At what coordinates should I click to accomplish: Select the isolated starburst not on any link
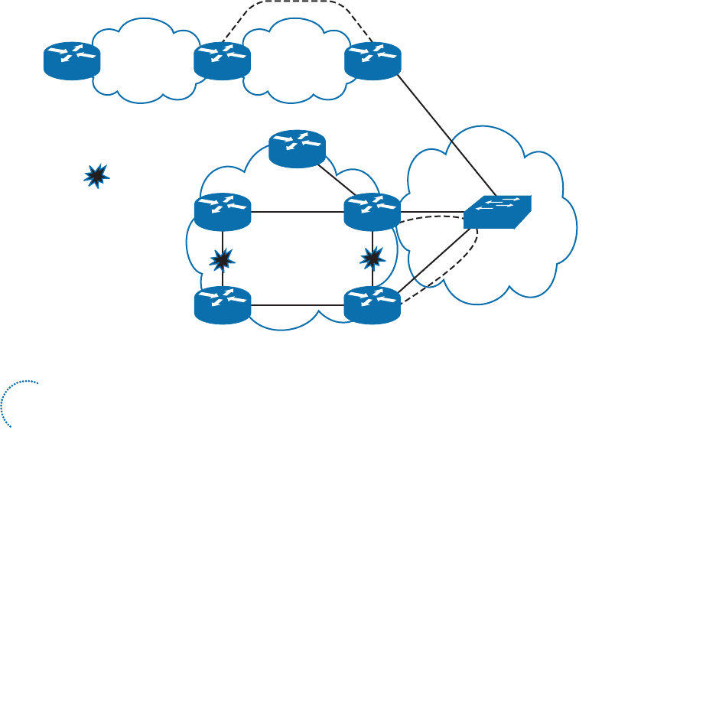click(x=96, y=176)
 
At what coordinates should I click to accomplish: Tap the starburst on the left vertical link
click(x=222, y=260)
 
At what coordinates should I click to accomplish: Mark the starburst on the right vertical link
click(x=373, y=259)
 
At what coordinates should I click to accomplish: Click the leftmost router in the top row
click(x=72, y=60)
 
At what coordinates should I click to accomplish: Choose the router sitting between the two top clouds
click(x=223, y=60)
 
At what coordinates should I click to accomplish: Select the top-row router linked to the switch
click(x=373, y=60)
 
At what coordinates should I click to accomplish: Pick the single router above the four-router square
click(x=298, y=148)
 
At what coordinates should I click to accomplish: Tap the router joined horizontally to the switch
click(x=373, y=212)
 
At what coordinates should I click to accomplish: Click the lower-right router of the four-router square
click(x=373, y=304)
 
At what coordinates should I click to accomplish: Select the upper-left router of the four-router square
click(x=223, y=212)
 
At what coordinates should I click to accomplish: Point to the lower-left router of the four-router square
click(x=223, y=304)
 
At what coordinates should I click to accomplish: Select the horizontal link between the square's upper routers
click(x=298, y=212)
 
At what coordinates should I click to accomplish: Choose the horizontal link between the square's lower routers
click(x=298, y=304)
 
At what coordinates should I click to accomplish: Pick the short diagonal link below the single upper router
click(x=339, y=180)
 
